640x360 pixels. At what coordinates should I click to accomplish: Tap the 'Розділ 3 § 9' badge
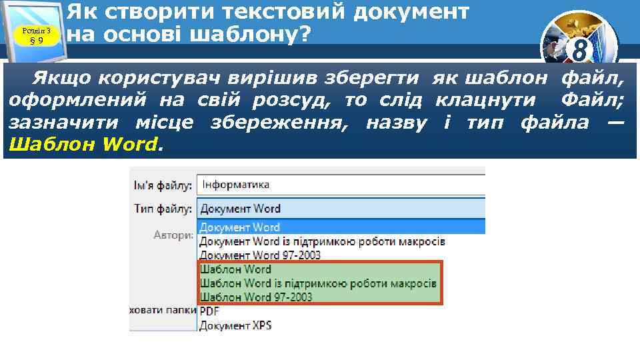(36, 33)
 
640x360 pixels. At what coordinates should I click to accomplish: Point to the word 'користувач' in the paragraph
(151, 80)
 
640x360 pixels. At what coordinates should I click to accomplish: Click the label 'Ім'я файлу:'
(162, 185)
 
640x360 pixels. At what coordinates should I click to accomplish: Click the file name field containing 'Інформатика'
(340, 185)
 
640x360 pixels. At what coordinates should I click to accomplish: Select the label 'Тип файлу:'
(163, 209)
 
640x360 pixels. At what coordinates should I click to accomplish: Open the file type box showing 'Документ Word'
(340, 209)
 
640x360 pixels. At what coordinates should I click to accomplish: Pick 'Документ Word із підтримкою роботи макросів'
(322, 241)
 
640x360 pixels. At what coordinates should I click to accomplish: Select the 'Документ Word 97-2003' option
(260, 255)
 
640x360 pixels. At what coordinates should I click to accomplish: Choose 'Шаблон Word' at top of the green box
(236, 269)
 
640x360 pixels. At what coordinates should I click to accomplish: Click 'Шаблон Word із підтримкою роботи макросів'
(318, 283)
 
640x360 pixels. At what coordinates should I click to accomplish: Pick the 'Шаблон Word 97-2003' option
(256, 297)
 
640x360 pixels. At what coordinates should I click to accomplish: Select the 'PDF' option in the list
(209, 311)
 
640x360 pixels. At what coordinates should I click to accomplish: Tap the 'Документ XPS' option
(235, 325)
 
